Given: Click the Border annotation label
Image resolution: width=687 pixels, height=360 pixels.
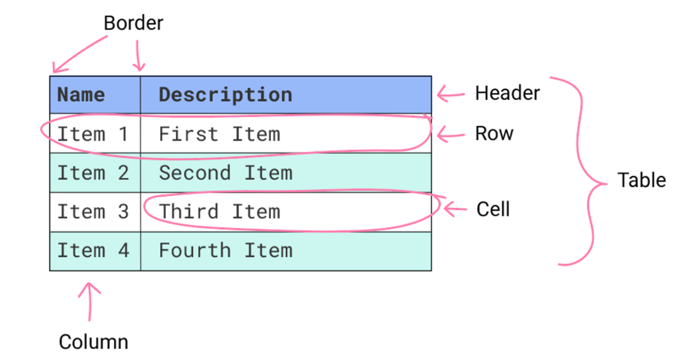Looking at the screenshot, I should point(134,23).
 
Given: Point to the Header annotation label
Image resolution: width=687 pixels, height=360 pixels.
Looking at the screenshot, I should point(507,93).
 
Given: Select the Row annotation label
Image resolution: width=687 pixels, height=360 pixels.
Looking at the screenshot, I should point(494,134).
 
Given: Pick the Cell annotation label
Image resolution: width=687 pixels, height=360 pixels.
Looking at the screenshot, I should point(493,210).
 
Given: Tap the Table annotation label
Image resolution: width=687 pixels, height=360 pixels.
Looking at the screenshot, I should point(641,180).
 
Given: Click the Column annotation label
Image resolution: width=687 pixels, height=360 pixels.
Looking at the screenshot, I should point(93,342).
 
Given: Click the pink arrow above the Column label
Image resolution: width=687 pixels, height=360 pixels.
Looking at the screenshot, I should point(90,301).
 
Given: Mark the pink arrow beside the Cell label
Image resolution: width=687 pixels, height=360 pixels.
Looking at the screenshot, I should point(455,210).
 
